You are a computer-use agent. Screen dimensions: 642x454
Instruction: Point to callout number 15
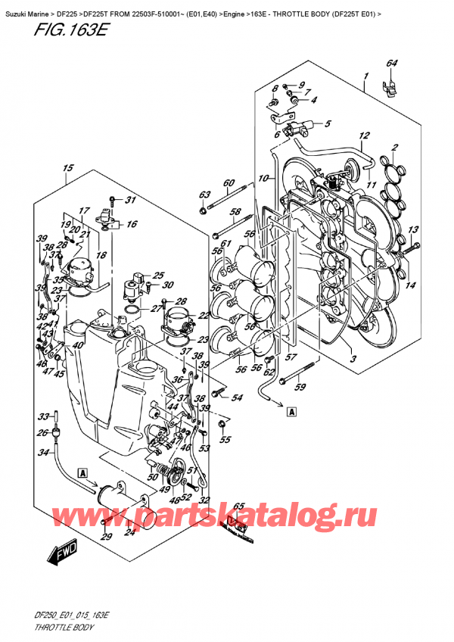coord(67,168)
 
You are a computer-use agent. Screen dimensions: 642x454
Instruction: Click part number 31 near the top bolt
coord(129,200)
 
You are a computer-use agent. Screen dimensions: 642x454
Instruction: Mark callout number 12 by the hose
coord(364,136)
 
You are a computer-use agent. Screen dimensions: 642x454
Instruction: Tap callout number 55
coord(225,440)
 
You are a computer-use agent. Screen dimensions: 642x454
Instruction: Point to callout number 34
coord(44,452)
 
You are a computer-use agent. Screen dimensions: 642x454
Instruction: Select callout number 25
coord(158,276)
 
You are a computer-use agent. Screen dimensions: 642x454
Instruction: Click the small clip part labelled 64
coord(390,88)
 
